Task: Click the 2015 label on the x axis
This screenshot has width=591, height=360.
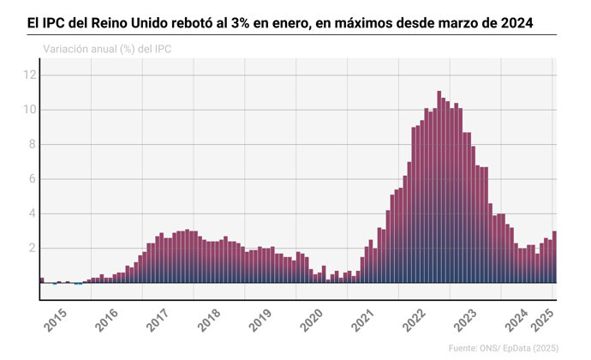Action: pos(57,322)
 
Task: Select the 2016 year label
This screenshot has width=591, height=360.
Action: pos(108,322)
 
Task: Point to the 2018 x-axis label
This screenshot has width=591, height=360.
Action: pos(211,322)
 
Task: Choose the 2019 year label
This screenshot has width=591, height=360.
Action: pos(262,322)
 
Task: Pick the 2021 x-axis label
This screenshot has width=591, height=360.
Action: pos(365,322)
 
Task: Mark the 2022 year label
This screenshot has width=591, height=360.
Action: pos(416,322)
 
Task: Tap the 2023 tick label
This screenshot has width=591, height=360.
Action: pos(468,322)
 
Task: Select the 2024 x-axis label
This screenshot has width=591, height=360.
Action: pos(517,322)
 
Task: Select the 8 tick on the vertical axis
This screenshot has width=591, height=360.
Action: pos(32,145)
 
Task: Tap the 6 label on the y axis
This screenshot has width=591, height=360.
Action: pos(32,179)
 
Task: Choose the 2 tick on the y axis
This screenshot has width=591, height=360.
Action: pos(32,249)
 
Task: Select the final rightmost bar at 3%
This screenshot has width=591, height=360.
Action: pos(554,257)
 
